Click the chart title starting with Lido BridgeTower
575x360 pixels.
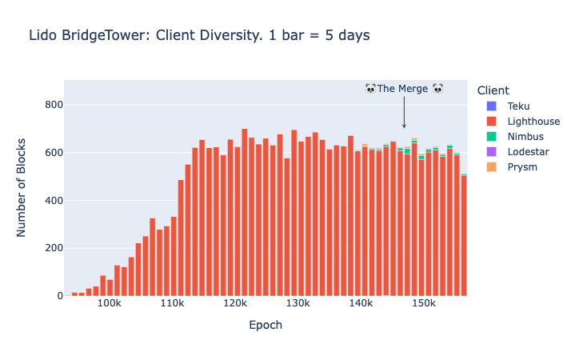click(198, 35)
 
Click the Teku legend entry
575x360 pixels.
click(517, 106)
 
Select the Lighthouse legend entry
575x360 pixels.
click(533, 122)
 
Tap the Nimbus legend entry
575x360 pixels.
click(523, 137)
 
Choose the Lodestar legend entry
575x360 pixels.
click(526, 152)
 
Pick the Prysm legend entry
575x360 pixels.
click(521, 167)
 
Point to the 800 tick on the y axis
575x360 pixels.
click(53, 105)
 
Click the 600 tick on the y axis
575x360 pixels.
click(53, 153)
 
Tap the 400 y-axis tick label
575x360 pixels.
click(53, 200)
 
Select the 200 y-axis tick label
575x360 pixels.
click(53, 248)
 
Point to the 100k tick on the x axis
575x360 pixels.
click(109, 304)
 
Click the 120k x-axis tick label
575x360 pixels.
click(235, 304)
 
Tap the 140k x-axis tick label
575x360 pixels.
click(361, 304)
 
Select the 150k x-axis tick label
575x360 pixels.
click(424, 304)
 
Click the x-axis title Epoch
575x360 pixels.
click(266, 326)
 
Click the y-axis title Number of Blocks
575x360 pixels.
click(22, 189)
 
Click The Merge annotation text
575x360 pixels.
click(404, 89)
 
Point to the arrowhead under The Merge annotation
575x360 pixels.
click(404, 126)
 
